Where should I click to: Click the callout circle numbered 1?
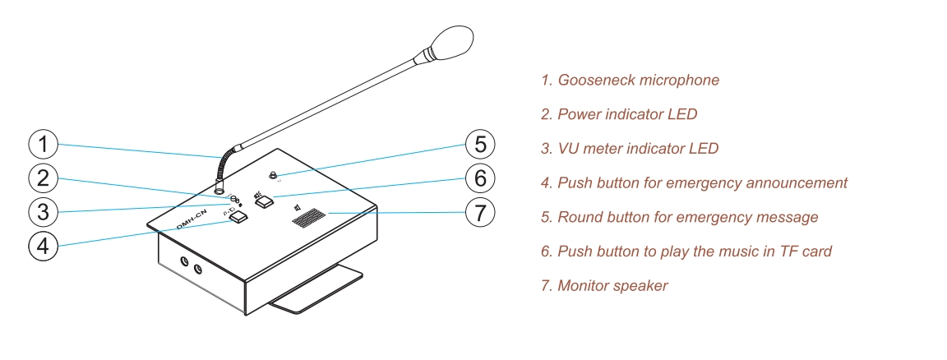pos(43,145)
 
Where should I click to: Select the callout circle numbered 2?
pos(43,178)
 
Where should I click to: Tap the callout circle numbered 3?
pos(43,211)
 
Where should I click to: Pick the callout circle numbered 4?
pos(43,245)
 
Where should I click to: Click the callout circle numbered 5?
pos(480,145)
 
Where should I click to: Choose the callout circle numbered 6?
pos(480,178)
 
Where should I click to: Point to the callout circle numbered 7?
pos(480,212)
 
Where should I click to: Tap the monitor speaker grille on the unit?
pos(308,219)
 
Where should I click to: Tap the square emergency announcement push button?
pos(238,219)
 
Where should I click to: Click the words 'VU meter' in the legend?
pos(589,149)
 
